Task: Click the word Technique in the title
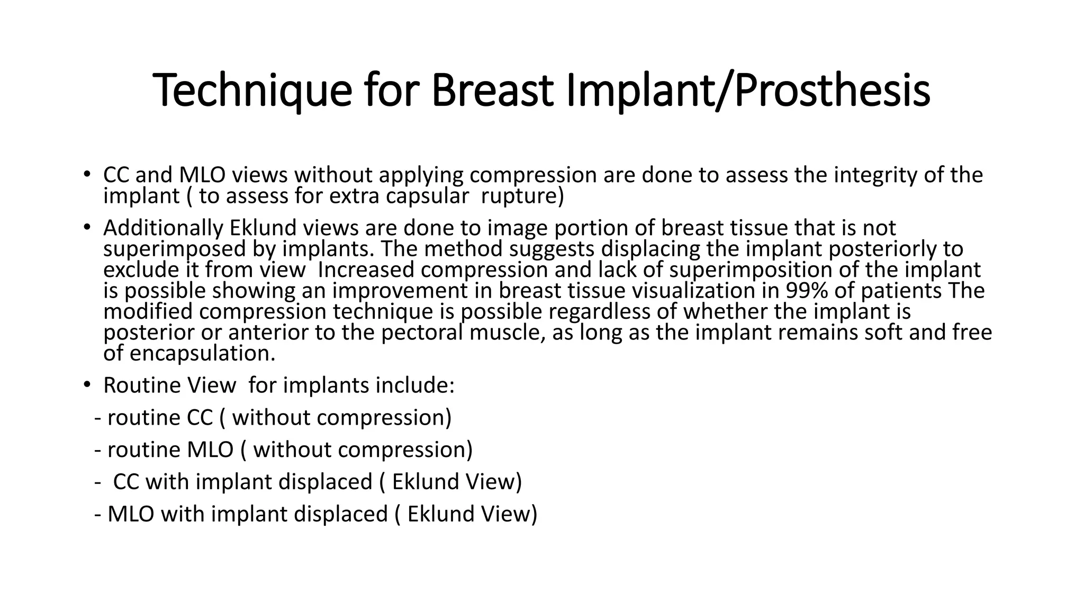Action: [252, 90]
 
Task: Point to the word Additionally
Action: [164, 228]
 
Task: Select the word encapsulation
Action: [202, 353]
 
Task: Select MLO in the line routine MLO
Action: [210, 450]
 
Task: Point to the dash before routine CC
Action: [98, 418]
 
